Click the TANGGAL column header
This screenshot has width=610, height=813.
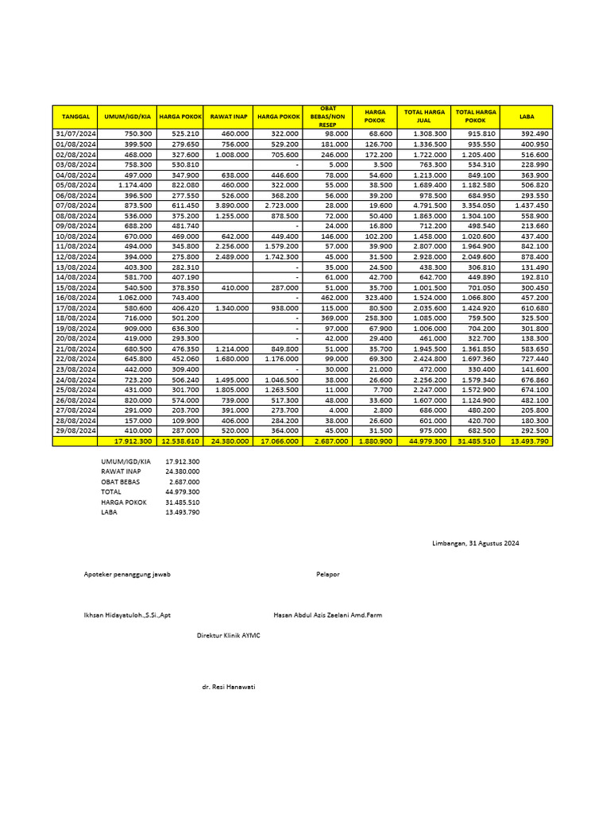(x=75, y=117)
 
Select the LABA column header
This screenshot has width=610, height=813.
(x=527, y=117)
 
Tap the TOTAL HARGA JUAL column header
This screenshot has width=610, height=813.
(x=425, y=117)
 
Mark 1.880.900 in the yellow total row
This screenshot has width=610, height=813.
(x=376, y=441)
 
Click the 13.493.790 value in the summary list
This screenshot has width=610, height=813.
(x=183, y=513)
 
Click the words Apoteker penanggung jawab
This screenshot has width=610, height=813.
(x=127, y=574)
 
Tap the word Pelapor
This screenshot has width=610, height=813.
(x=327, y=574)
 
